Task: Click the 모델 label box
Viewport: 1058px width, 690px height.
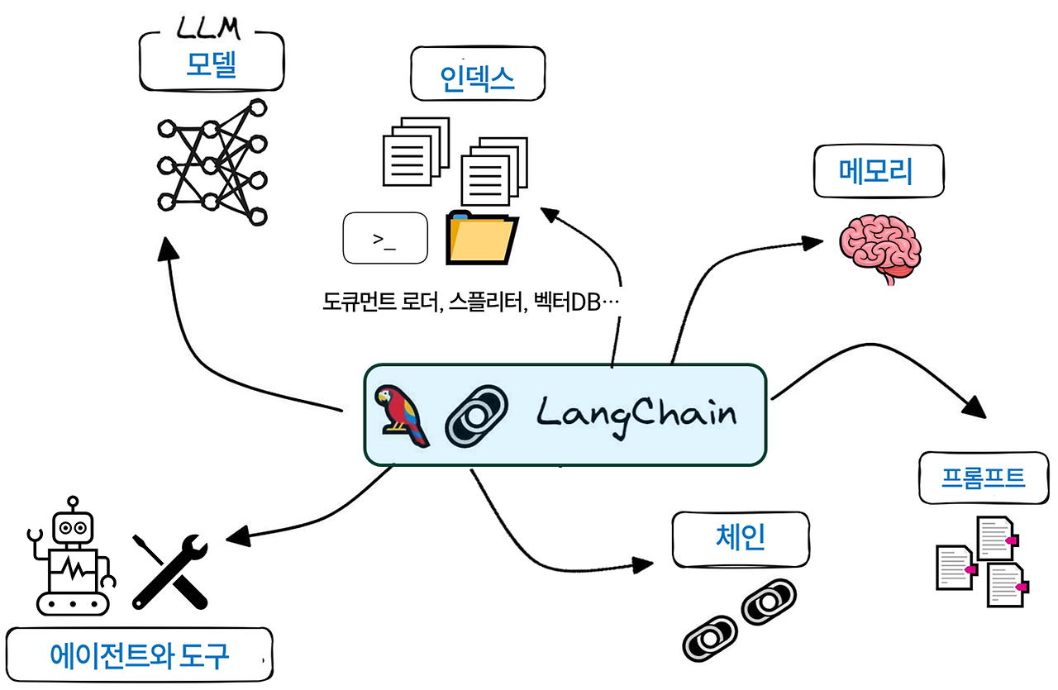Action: tap(211, 64)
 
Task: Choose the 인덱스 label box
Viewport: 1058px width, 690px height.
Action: tap(477, 77)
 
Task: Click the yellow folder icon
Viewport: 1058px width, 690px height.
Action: tap(481, 238)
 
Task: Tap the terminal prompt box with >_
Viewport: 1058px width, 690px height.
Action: tap(384, 240)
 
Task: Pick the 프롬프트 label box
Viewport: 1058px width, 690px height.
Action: tap(983, 478)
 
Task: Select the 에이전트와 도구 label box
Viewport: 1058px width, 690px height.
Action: tap(139, 655)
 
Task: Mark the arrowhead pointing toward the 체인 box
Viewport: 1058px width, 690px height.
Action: tap(644, 565)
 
